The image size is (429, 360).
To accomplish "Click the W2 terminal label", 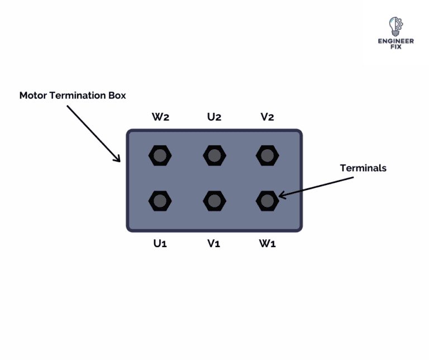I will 160,117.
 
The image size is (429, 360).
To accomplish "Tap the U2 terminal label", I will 214,117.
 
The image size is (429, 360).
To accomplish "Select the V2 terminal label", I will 267,117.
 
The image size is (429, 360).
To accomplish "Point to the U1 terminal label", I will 160,244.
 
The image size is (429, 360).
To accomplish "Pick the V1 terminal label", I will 214,244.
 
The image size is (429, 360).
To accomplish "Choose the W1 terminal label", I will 267,244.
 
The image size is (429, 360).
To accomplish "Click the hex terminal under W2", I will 160,155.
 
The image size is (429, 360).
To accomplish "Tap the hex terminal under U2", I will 214,155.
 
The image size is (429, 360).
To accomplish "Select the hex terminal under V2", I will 267,155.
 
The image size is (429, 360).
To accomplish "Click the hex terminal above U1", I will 160,200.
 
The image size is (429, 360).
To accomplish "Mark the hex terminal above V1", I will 214,200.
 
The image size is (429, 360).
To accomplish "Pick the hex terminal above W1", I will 267,200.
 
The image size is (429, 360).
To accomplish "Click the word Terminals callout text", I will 363,168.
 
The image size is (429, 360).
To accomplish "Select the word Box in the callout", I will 117,95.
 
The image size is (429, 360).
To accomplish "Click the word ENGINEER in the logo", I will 395,41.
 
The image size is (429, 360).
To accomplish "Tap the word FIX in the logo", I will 395,48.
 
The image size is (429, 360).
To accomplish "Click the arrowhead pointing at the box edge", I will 118,159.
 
